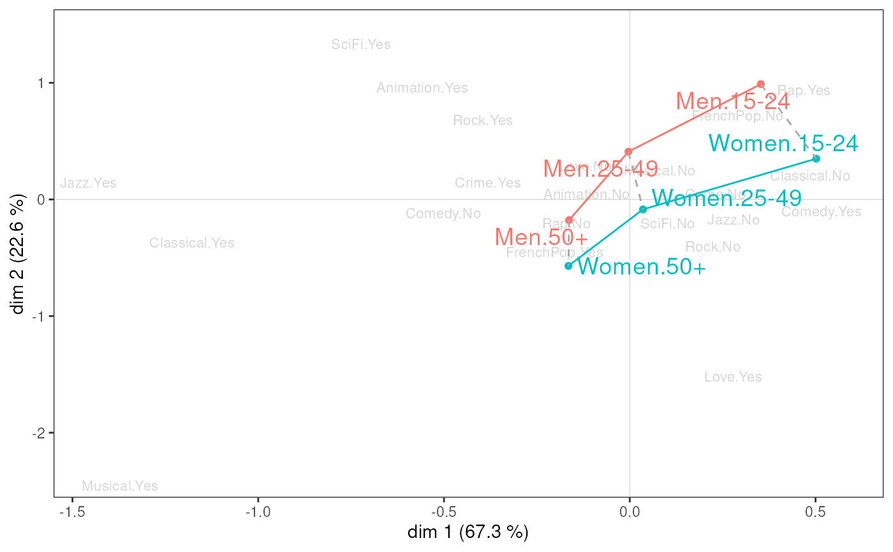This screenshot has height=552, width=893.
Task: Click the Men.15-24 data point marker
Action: coord(760,84)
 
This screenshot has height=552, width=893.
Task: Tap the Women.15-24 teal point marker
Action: coord(816,158)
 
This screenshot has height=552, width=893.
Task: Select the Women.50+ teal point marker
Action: coord(568,265)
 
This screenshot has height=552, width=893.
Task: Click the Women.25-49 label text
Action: coord(727,198)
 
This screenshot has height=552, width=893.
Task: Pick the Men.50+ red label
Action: coord(541,237)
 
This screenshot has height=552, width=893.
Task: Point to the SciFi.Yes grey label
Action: coord(361,45)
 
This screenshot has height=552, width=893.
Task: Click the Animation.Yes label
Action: coord(422,88)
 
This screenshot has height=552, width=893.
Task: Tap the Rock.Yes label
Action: coord(483,121)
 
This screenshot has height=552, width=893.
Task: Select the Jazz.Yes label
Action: coord(89,183)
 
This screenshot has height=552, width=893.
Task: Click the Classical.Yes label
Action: coord(192,243)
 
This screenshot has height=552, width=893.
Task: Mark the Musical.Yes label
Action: coord(120,486)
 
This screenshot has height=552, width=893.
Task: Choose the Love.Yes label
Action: coord(733,377)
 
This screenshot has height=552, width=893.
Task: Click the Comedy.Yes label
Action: coord(821,212)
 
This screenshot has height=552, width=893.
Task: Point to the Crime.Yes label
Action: coord(488,183)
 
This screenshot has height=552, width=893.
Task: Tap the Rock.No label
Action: coord(713,247)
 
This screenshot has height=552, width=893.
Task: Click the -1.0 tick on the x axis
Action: coord(258,512)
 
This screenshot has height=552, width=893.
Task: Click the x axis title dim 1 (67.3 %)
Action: coord(468,532)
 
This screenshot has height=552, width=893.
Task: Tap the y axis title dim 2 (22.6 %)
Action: coord(19,255)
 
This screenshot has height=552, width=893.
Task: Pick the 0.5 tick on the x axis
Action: coord(815,512)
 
